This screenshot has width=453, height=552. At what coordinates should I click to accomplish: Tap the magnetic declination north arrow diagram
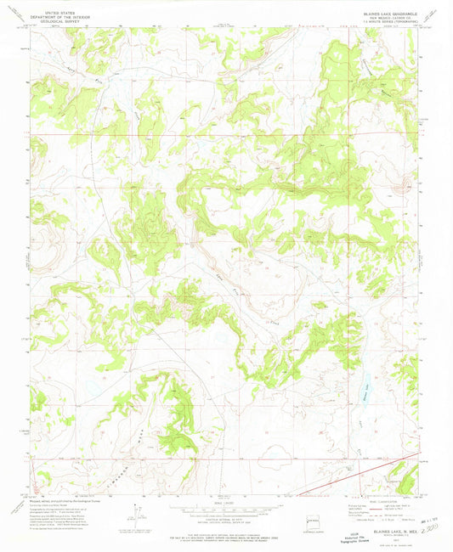tap(137, 515)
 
